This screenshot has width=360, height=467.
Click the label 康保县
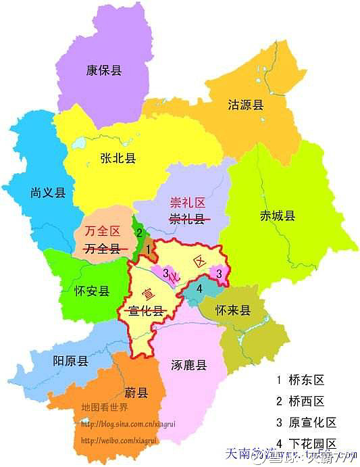click(x=104, y=70)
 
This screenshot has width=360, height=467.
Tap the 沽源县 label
click(x=245, y=105)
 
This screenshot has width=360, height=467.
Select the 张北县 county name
click(x=118, y=158)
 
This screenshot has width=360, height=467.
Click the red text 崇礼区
click(x=186, y=201)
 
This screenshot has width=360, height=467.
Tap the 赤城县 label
click(x=278, y=216)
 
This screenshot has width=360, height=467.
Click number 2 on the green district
click(x=138, y=233)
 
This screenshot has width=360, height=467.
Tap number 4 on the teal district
click(x=200, y=289)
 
